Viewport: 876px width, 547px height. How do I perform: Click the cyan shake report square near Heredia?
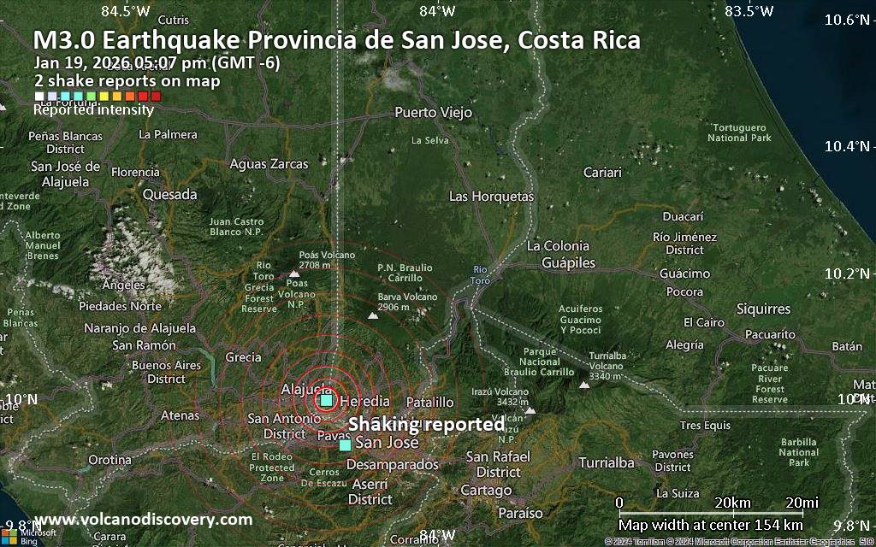coord(326,400)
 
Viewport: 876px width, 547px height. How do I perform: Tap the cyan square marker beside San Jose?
coord(345,445)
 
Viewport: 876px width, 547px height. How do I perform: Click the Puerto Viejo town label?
coord(433,112)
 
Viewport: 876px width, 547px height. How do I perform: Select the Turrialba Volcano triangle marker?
coord(585,385)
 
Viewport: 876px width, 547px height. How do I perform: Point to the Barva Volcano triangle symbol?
coord(373,316)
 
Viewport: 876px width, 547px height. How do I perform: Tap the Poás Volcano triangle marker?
coord(293,273)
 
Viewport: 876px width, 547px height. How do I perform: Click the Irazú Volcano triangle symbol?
coord(530,410)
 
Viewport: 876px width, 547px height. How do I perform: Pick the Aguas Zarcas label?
coord(269,163)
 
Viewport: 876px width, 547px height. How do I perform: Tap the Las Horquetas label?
coord(491,197)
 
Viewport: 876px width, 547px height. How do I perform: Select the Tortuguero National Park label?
coord(740,132)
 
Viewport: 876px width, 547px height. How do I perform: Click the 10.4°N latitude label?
coord(846,146)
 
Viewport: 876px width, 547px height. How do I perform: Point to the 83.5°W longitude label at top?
coord(749,11)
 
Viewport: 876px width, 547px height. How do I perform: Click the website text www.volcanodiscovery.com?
coord(143,520)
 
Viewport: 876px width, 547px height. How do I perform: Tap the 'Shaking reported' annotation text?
coord(426,424)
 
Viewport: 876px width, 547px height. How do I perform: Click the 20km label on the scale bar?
coord(731,502)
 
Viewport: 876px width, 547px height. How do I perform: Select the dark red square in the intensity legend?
coord(156,97)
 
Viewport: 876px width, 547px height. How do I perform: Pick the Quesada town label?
coord(169,194)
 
